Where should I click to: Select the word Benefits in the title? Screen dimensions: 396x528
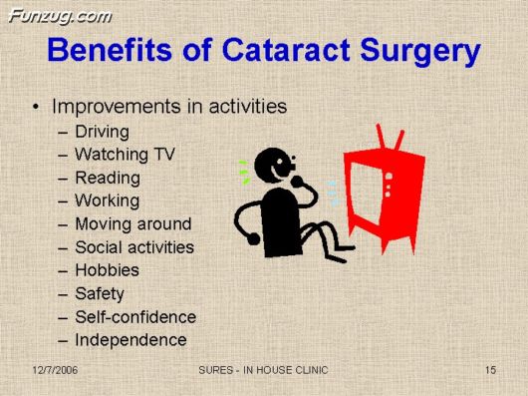click(x=113, y=51)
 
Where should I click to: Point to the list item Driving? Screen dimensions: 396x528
click(x=102, y=131)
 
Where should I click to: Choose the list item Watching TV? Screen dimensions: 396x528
click(x=123, y=154)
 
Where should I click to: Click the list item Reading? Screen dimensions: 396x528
click(x=107, y=178)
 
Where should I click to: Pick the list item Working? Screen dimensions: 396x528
click(x=107, y=200)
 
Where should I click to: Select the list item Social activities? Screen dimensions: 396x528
click(x=134, y=246)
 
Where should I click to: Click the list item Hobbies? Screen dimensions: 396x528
click(x=107, y=269)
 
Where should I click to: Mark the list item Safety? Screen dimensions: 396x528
click(x=100, y=293)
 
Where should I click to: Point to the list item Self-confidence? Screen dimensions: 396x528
click(x=135, y=316)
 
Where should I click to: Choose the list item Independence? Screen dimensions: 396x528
click(x=131, y=339)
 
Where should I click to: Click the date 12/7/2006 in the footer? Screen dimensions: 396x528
click(x=54, y=371)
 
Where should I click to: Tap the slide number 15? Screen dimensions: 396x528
click(x=490, y=371)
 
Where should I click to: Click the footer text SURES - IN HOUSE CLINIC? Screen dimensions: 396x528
click(x=264, y=371)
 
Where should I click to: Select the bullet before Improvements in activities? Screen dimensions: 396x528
click(x=37, y=106)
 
